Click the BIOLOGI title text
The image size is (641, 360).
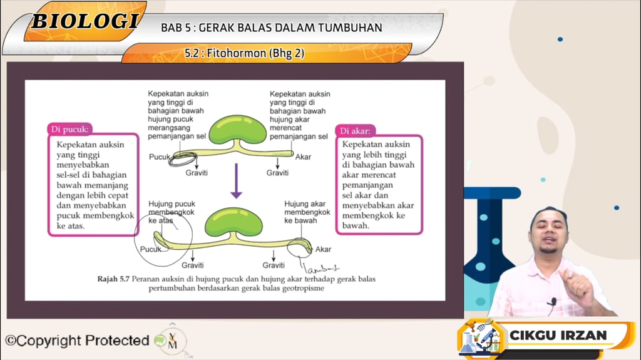click(x=85, y=21)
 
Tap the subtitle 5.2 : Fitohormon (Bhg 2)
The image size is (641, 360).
click(x=244, y=53)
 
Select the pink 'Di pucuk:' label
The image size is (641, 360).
click(x=70, y=130)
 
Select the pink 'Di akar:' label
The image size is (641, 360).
click(x=356, y=131)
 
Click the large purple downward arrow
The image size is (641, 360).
click(x=236, y=181)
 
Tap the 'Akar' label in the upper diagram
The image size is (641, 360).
click(x=303, y=157)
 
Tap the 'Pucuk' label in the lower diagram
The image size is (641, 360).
click(x=150, y=249)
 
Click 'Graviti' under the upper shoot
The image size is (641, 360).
click(x=197, y=173)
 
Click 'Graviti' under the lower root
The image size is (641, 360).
click(x=274, y=265)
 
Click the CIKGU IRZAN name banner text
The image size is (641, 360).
click(x=558, y=335)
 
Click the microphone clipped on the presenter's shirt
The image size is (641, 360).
click(x=552, y=303)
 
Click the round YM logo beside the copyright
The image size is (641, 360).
click(x=172, y=341)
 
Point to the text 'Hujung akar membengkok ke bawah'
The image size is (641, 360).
click(x=307, y=212)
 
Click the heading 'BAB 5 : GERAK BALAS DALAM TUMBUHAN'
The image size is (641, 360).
click(x=271, y=28)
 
